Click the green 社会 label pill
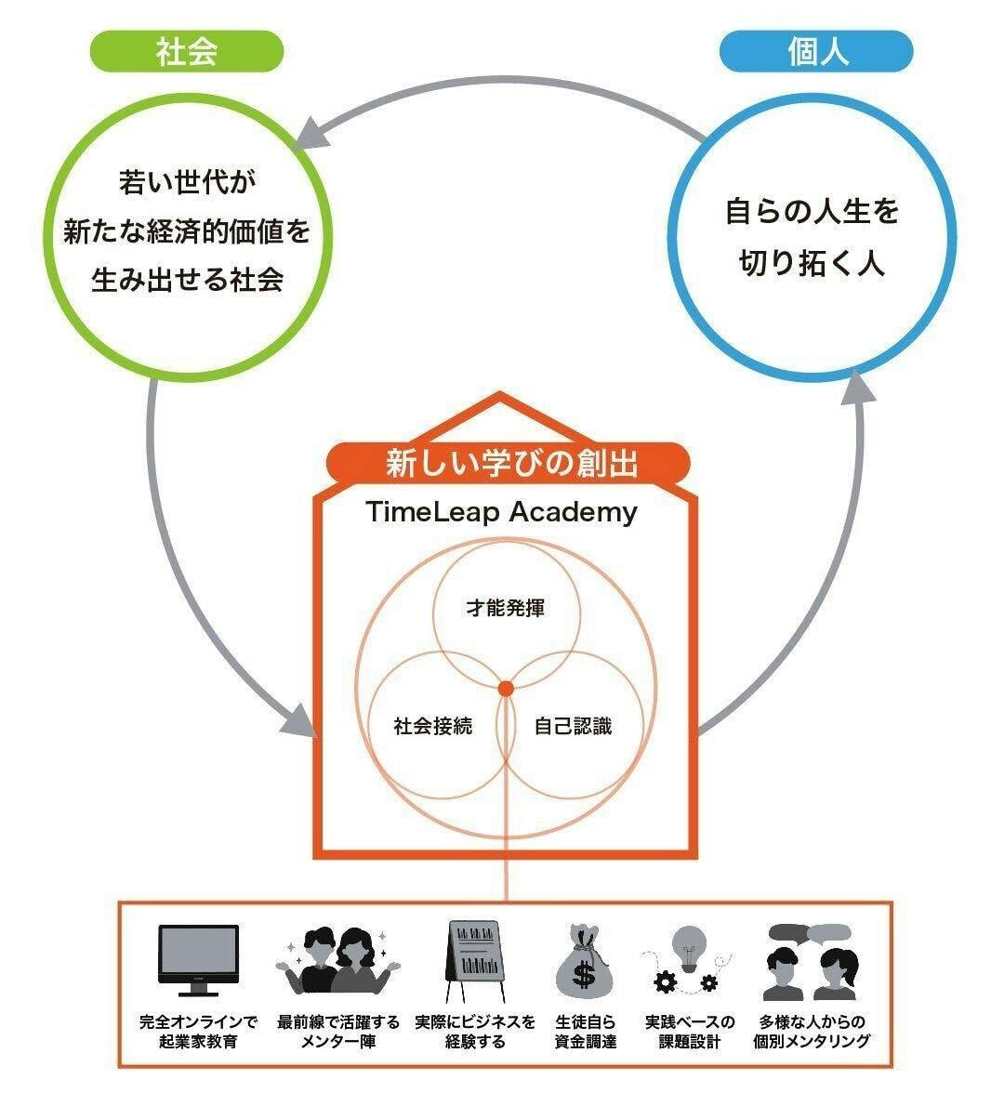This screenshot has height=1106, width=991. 186,52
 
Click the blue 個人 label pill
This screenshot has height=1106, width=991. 816,52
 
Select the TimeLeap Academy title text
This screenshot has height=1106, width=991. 501,512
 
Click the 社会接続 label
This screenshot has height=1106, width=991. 433,726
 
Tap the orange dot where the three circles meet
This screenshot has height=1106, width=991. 506,689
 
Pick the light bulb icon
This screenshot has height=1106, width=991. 690,948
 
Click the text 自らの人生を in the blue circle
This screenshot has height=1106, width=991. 813,213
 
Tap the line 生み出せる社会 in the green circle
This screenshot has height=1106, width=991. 186,280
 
